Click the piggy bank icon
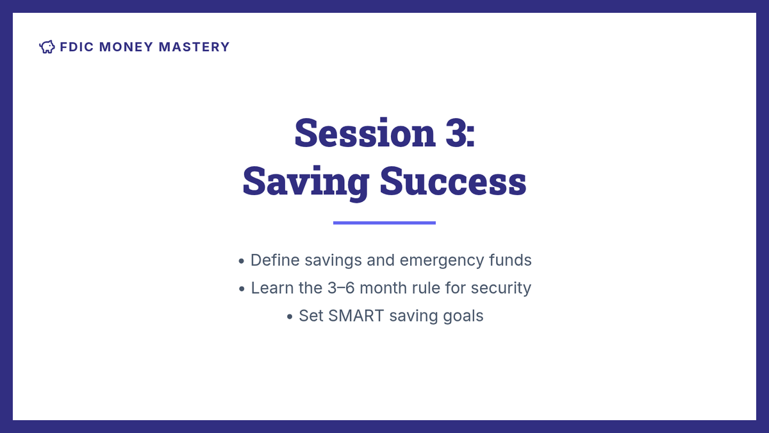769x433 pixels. tap(47, 47)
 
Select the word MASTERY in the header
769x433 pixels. tap(194, 47)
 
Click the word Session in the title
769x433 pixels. tap(365, 133)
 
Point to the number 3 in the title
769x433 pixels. tap(456, 133)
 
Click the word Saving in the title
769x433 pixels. tap(306, 182)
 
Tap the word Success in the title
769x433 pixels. tap(453, 181)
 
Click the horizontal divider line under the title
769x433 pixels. tap(384, 223)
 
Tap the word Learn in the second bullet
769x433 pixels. tap(272, 288)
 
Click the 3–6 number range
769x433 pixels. tap(341, 288)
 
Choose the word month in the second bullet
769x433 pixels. tap(383, 288)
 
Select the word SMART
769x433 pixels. tap(356, 316)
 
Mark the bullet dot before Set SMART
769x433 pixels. tap(290, 316)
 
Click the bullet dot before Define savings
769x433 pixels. tap(242, 261)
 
